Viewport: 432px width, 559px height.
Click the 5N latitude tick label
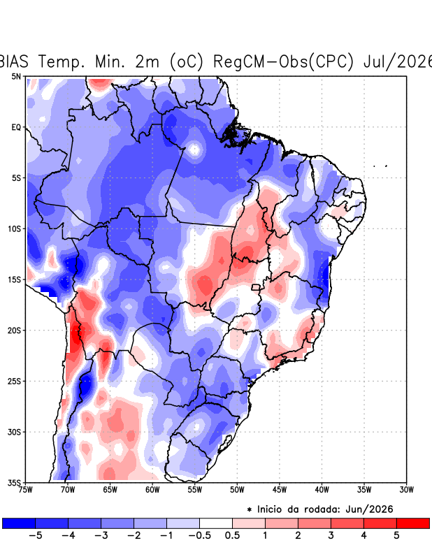click(x=16, y=76)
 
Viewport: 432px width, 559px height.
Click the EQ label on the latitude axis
click(x=16, y=127)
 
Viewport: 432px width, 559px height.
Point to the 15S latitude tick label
click(x=14, y=279)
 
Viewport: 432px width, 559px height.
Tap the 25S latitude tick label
click(x=14, y=381)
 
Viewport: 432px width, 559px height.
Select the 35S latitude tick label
click(x=14, y=483)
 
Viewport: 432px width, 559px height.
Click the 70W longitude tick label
click(x=68, y=490)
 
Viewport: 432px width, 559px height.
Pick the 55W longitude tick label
click(x=195, y=490)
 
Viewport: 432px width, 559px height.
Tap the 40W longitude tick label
click(x=322, y=490)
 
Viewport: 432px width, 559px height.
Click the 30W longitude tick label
click(x=406, y=490)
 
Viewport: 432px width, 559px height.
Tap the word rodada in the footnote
click(x=320, y=509)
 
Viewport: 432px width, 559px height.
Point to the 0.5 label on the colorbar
click(x=232, y=535)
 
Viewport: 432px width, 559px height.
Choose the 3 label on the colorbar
click(x=331, y=535)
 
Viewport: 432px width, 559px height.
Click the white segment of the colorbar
click(x=216, y=523)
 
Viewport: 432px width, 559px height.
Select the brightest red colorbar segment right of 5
click(x=412, y=523)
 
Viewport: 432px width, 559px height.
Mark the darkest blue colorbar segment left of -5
click(x=19, y=523)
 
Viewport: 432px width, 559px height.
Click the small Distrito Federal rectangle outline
click(x=256, y=287)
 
